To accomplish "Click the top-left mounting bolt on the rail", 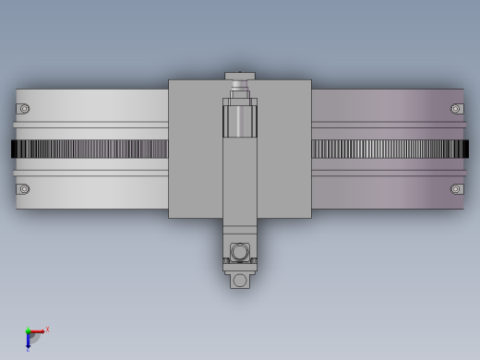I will click(x=24, y=109).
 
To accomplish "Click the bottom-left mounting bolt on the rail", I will click(x=24, y=189).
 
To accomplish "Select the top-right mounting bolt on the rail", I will click(x=456, y=109).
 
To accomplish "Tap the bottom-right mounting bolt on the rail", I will click(x=456, y=189).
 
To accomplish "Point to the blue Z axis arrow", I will click(x=28, y=341).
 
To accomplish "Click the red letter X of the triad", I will click(x=47, y=329).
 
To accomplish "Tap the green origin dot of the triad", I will click(x=28, y=331).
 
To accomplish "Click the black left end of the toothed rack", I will click(x=14, y=149).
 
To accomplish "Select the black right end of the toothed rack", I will click(x=465, y=149).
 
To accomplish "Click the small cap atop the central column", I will click(x=240, y=76).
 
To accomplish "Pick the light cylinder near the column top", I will click(x=240, y=120).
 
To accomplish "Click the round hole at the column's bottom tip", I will click(x=240, y=280).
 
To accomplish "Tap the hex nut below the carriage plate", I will click(x=240, y=252).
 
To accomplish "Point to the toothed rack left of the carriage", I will click(x=92, y=149).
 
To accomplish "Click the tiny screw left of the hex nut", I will click(x=226, y=260).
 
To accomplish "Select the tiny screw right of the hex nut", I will click(x=254, y=260).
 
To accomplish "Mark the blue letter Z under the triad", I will click(x=28, y=350).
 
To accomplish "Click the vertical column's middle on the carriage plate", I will click(x=240, y=180).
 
